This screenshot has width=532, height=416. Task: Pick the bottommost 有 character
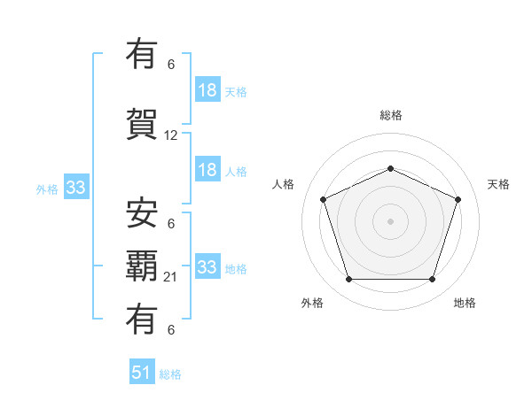(x=143, y=318)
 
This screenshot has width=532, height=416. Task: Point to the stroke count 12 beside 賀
(x=171, y=135)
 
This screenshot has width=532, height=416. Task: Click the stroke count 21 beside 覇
(x=171, y=276)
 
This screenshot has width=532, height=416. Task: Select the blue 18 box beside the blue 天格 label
(x=207, y=90)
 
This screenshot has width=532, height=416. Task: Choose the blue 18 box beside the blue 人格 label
(x=207, y=170)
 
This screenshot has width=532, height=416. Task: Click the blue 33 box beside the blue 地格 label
(x=207, y=267)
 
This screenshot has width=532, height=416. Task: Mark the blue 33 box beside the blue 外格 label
(x=75, y=188)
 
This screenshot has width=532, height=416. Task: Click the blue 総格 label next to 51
(x=170, y=374)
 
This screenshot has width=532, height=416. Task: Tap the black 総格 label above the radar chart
(x=390, y=115)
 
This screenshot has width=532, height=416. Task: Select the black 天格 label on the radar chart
(x=498, y=184)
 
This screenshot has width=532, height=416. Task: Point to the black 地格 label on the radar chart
(x=465, y=303)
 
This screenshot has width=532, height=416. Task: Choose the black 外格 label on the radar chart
(x=312, y=303)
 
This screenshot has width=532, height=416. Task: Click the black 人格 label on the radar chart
(x=283, y=184)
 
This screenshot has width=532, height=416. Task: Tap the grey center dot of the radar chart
(x=390, y=220)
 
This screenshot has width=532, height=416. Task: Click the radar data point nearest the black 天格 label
(x=458, y=199)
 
